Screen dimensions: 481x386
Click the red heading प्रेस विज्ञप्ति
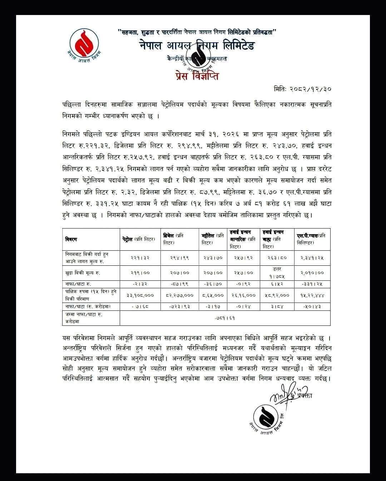click(x=197, y=76)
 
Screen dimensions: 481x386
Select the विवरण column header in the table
click(x=71, y=239)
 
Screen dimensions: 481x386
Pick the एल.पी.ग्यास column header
click(x=312, y=239)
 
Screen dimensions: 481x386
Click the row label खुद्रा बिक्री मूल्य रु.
click(x=83, y=273)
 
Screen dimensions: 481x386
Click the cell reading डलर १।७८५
click(x=277, y=273)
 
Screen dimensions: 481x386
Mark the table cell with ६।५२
click(x=277, y=285)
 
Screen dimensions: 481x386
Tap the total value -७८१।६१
click(x=225, y=318)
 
